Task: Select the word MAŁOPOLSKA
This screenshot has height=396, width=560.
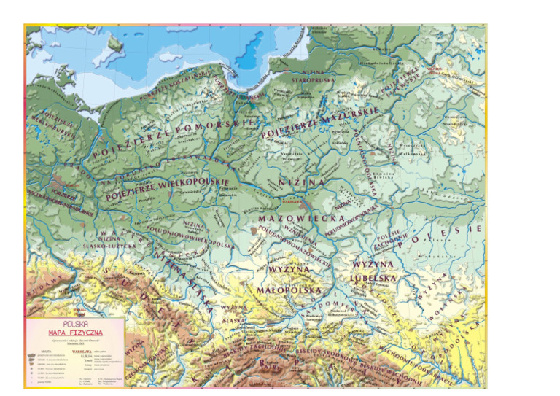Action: [289, 290]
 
